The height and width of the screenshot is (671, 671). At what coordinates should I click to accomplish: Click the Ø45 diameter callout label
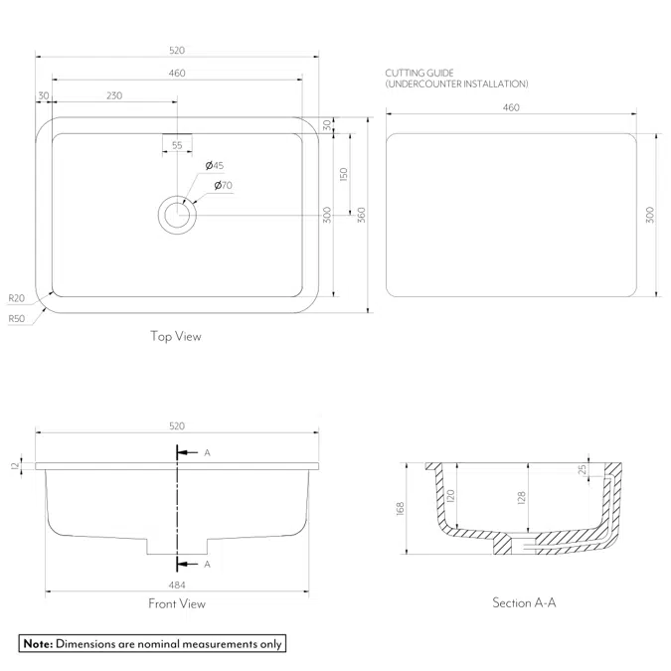tap(215, 165)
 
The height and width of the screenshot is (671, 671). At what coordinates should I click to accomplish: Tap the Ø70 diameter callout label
tap(224, 185)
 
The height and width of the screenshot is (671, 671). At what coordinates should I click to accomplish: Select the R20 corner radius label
tap(17, 298)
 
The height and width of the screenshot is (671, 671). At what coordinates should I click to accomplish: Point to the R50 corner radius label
tap(17, 318)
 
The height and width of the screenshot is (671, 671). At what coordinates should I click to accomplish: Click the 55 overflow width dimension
tap(177, 145)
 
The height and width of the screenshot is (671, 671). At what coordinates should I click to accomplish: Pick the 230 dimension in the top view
tap(114, 95)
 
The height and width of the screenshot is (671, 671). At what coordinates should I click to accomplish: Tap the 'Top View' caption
tap(176, 336)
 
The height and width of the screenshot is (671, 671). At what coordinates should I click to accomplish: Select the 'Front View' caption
tap(177, 603)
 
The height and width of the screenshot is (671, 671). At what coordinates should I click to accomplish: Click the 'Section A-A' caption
tap(524, 602)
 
